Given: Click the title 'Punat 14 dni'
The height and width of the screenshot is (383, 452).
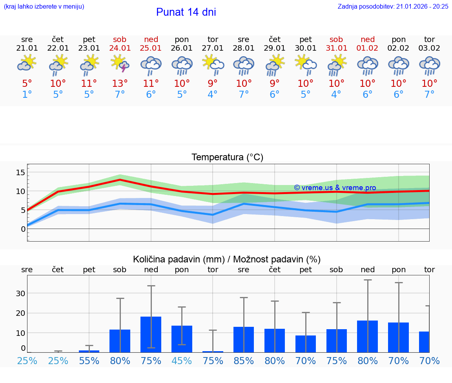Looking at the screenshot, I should [186, 12].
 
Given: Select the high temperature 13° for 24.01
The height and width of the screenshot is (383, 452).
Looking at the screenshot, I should [120, 83].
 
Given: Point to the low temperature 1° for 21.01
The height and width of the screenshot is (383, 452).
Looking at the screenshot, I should [27, 94].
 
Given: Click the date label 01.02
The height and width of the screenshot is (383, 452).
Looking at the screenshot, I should [368, 48].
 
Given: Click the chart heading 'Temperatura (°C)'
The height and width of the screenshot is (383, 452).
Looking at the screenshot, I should [227, 158].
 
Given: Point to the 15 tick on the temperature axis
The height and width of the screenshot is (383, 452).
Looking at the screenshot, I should [20, 172].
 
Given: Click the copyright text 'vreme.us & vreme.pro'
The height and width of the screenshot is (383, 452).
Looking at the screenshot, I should [335, 188].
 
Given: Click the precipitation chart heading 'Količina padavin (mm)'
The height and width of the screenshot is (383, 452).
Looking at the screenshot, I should [179, 259].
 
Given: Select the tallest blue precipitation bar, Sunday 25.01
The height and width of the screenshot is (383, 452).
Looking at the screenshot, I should [151, 334].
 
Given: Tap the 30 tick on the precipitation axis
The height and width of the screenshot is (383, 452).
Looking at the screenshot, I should [20, 293].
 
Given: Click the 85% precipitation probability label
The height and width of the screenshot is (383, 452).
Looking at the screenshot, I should [244, 361].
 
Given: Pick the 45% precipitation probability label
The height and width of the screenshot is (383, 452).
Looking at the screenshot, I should [182, 361].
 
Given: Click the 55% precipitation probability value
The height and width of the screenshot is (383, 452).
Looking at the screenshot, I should [89, 361].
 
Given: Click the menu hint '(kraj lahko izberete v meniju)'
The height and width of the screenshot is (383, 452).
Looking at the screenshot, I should [44, 6].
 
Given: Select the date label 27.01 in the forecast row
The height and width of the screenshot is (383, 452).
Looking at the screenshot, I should [213, 48].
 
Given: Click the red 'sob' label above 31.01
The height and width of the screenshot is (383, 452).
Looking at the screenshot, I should [336, 39].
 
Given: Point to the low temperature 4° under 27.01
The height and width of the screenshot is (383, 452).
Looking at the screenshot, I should [213, 94].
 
